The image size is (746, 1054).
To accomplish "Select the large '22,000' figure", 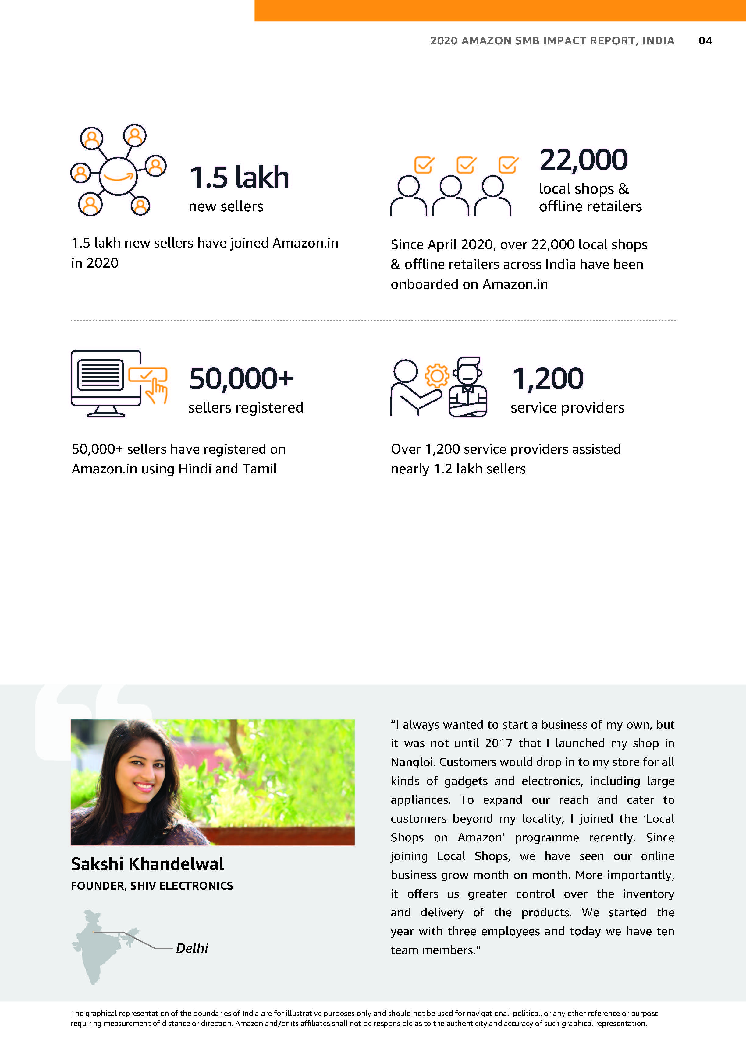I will pyautogui.click(x=583, y=160).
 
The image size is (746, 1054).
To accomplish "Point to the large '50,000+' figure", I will pyautogui.click(x=241, y=379).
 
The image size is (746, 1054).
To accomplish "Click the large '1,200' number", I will pyautogui.click(x=548, y=379).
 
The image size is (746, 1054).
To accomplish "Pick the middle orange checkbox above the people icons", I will pyautogui.click(x=466, y=165).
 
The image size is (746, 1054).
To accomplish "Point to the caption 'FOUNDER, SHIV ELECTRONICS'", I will pyautogui.click(x=151, y=886).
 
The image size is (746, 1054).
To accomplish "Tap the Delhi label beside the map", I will pyautogui.click(x=192, y=948).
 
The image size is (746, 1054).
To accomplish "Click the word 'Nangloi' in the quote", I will pyautogui.click(x=413, y=762).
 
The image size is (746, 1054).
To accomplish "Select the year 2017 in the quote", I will pyautogui.click(x=499, y=743).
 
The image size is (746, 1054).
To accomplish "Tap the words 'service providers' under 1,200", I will pyautogui.click(x=567, y=408).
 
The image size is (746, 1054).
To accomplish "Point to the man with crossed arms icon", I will pyautogui.click(x=468, y=388).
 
